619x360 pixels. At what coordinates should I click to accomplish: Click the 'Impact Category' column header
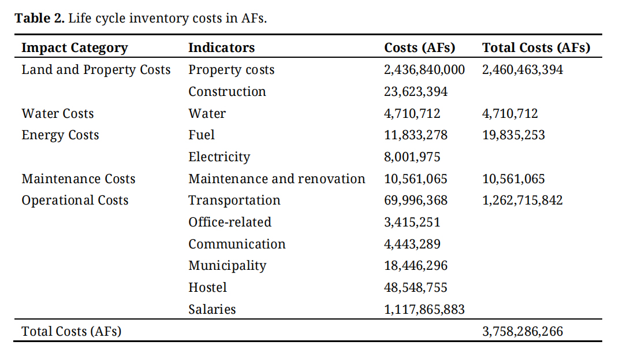(74, 48)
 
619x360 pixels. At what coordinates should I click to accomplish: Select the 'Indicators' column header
(221, 48)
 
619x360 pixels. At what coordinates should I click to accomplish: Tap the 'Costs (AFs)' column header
(419, 48)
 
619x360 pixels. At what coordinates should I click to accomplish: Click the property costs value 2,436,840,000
(424, 70)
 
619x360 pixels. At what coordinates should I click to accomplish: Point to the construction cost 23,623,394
(416, 92)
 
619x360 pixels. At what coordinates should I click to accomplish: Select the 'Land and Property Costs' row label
(96, 70)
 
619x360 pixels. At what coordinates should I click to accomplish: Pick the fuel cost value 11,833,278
(416, 135)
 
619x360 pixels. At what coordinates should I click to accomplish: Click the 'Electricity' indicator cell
(219, 157)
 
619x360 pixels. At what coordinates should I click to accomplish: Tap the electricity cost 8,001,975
(412, 157)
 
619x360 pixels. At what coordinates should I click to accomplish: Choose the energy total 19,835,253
(513, 135)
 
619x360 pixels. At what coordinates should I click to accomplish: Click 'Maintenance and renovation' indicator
(277, 179)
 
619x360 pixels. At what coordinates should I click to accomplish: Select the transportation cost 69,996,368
(416, 201)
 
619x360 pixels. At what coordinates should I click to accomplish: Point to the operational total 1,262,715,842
(523, 201)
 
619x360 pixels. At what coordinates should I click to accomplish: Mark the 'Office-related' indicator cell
(230, 222)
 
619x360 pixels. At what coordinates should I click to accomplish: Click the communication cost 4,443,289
(412, 244)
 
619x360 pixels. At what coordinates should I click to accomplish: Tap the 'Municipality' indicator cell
(228, 266)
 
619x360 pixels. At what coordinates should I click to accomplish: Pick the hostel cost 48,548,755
(416, 288)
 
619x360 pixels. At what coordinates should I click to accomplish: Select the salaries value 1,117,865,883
(424, 310)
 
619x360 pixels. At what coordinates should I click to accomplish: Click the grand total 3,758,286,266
(523, 332)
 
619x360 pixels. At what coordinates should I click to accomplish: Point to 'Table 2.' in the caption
(39, 18)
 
